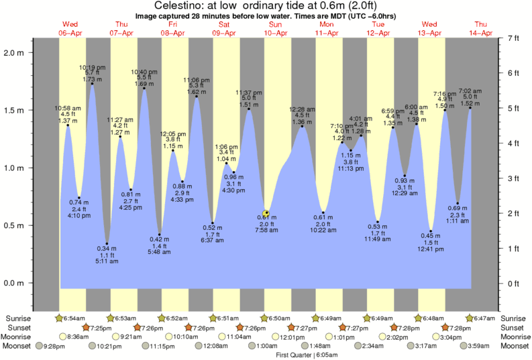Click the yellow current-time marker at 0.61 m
[266, 213]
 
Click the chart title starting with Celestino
[266, 6]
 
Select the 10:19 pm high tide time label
[92, 67]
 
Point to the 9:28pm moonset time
[54, 346]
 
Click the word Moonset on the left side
[17, 346]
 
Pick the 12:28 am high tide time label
[301, 109]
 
